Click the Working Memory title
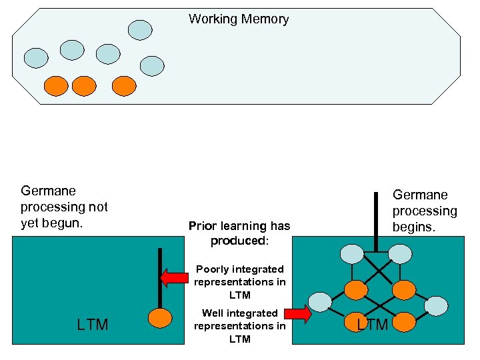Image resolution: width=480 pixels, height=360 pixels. click(239, 19)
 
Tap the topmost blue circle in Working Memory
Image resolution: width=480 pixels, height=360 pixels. click(140, 29)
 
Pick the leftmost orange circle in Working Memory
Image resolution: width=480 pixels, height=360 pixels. click(55, 85)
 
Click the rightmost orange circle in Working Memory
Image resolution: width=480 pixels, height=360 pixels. click(123, 85)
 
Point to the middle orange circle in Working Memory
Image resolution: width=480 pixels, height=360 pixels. click(84, 85)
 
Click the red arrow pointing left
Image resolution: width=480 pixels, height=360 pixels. click(174, 277)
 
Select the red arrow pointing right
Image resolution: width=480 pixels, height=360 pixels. click(298, 313)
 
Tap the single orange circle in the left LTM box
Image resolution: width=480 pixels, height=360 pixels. click(160, 317)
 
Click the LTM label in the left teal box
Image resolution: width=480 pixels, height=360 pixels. click(92, 325)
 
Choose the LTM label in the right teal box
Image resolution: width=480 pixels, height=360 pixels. click(372, 325)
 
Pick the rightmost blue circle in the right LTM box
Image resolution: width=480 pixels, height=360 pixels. click(436, 305)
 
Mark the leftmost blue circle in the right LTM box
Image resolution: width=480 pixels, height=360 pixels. click(320, 301)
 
